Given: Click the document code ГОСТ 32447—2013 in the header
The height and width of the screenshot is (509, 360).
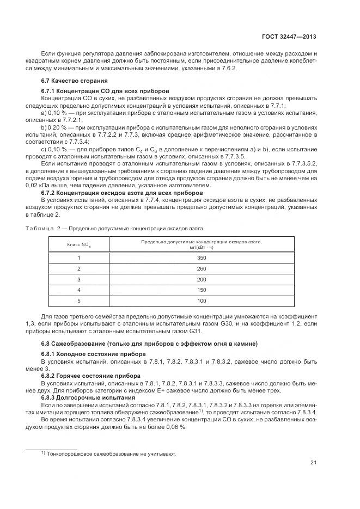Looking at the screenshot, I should [289, 36].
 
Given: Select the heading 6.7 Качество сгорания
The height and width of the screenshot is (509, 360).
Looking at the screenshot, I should [70, 81].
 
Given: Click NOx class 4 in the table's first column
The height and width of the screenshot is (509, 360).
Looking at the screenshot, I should [78, 290].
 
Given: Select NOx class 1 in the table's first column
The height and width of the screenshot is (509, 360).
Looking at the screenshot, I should [78, 258].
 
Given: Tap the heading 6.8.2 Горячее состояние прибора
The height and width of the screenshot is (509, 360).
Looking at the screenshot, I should [91, 376].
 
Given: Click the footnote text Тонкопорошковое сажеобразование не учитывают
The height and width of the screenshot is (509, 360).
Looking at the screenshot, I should [111, 453].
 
